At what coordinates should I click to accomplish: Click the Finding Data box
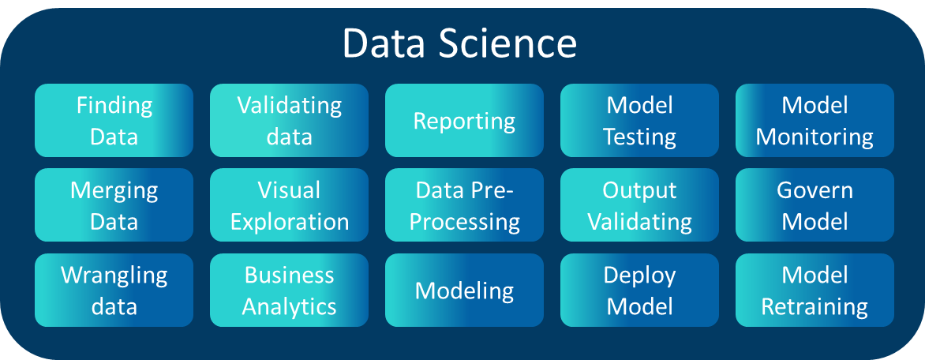click(114, 120)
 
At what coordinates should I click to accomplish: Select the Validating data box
click(289, 120)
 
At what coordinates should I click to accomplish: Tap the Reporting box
click(464, 121)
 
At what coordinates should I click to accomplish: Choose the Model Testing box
click(639, 120)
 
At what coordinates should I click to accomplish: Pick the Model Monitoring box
click(815, 120)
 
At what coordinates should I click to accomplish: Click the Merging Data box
click(114, 205)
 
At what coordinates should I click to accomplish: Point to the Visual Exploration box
click(289, 205)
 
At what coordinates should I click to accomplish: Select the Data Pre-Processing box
click(464, 205)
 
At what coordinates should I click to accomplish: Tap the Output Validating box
click(639, 205)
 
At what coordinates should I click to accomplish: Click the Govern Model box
click(815, 205)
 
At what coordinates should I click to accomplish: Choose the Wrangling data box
click(114, 290)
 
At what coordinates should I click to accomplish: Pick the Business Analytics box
click(289, 290)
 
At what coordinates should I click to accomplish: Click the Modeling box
click(464, 291)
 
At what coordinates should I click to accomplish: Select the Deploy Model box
click(639, 290)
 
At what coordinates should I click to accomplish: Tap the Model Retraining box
click(815, 290)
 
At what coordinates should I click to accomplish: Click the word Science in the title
click(508, 44)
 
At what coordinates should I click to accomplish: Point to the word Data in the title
click(380, 44)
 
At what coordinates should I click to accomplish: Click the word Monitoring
click(815, 137)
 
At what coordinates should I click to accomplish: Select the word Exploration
click(289, 222)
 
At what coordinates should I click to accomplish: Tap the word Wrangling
click(114, 276)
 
